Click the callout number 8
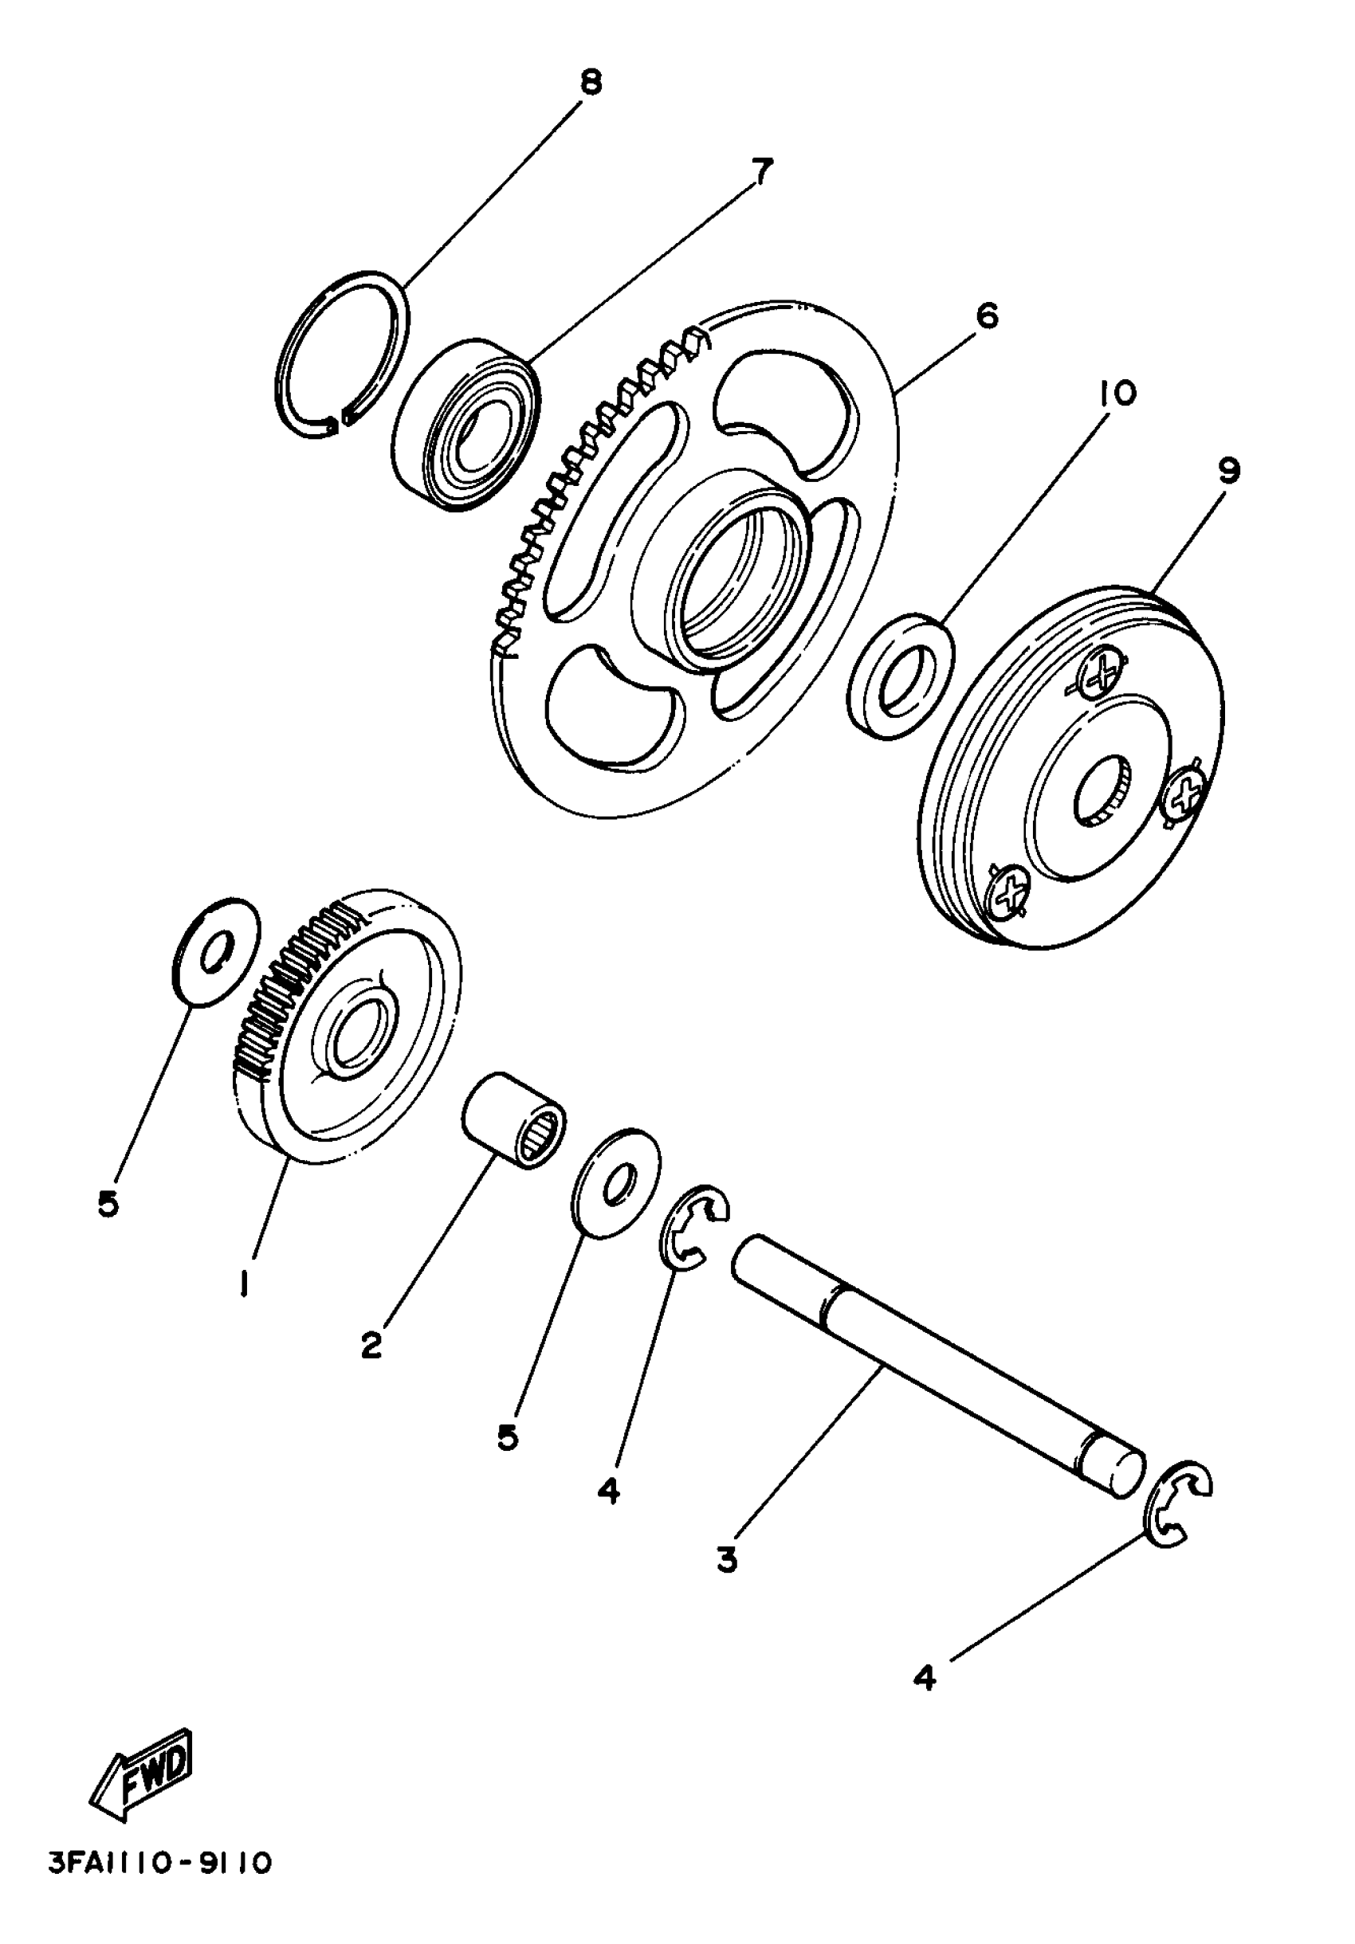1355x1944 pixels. tap(590, 83)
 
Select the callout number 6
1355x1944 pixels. tap(987, 315)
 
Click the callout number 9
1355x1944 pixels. tap(1229, 470)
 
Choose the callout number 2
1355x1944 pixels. tap(371, 1346)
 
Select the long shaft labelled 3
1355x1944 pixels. tap(936, 1364)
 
